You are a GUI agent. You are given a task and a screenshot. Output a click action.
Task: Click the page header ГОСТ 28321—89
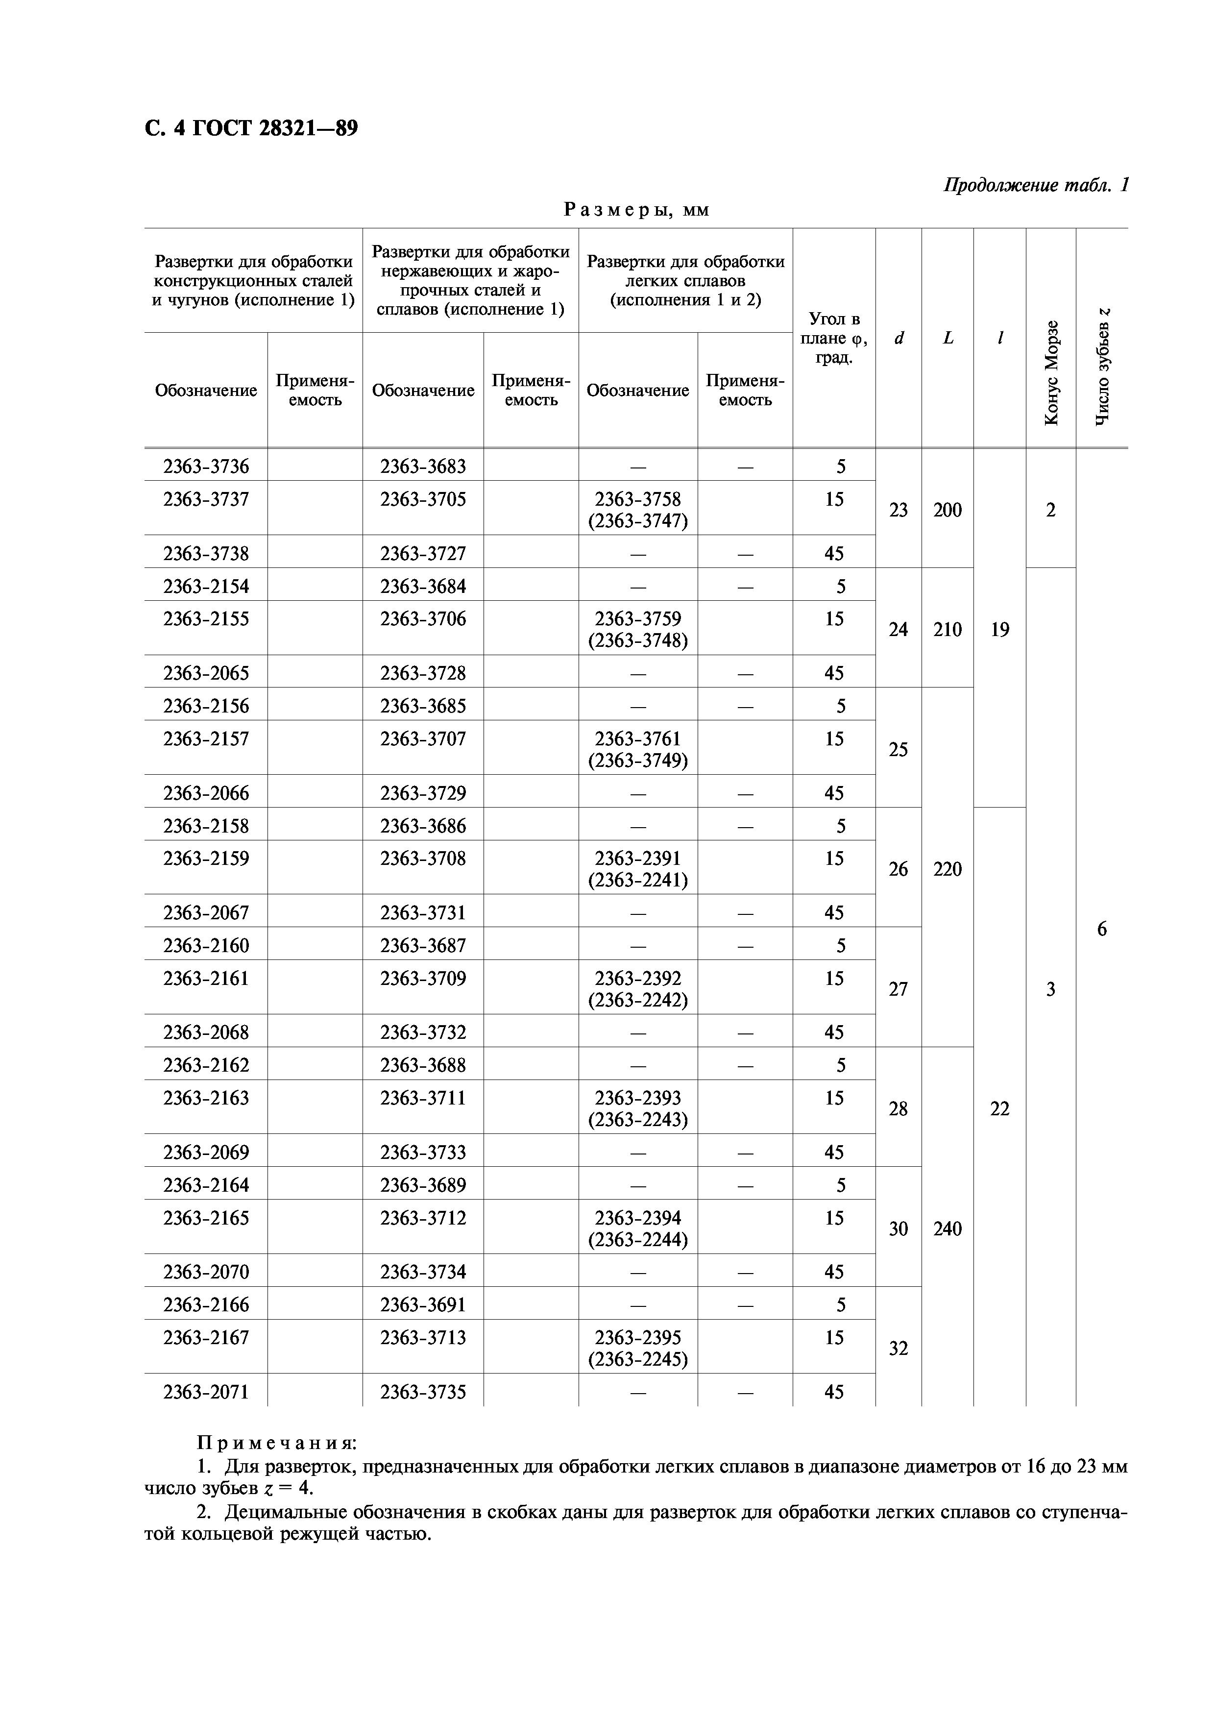coord(251,129)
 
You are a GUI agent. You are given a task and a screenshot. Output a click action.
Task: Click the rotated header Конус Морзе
coord(1051,372)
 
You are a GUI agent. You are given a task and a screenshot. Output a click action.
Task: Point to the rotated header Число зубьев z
coord(1101,367)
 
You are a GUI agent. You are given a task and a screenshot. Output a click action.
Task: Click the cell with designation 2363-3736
coord(206,467)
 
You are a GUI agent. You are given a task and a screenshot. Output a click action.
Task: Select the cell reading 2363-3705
coord(423,499)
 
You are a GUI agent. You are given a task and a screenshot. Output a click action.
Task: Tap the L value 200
coord(947,510)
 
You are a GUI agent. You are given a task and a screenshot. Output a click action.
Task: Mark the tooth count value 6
coord(1101,929)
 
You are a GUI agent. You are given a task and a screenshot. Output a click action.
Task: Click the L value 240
coord(947,1228)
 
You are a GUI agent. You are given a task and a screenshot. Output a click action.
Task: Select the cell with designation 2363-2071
coord(206,1392)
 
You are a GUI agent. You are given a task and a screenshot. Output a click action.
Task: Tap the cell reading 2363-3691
coord(423,1305)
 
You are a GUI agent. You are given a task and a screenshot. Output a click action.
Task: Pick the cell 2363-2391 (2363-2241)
coord(638,868)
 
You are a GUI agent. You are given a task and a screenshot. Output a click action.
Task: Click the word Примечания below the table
coord(276,1443)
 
